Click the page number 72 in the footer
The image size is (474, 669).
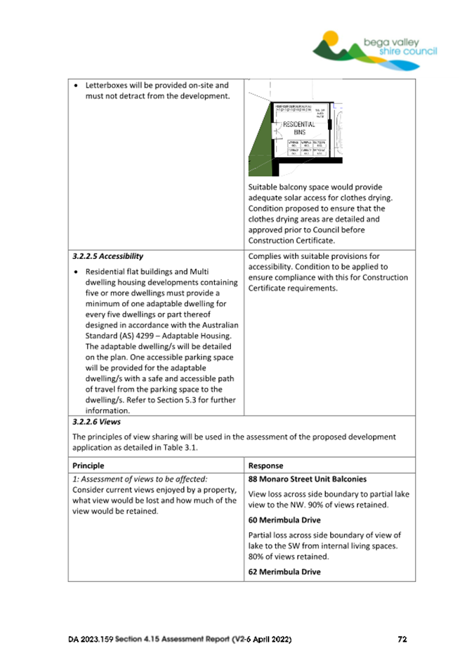coord(402,640)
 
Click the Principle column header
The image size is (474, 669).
coord(88,465)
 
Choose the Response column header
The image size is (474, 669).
coord(266,465)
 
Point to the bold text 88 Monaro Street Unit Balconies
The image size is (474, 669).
coord(308,479)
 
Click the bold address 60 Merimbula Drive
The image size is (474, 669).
coord(285,520)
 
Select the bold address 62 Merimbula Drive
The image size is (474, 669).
coord(285,572)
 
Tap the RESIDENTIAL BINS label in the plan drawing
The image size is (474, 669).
coord(300,126)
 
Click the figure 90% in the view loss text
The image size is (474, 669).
coord(310,505)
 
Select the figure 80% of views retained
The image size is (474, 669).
coord(258,557)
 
